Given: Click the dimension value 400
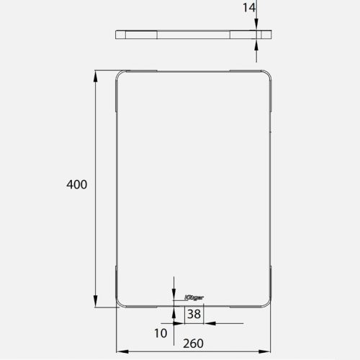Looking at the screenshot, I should [76, 184].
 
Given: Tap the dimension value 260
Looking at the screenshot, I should [192, 343].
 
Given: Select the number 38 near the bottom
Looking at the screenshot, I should [194, 314].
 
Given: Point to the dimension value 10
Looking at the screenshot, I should [160, 333].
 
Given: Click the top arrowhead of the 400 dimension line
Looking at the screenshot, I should [96, 74].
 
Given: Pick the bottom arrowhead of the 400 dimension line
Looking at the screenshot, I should [96, 302].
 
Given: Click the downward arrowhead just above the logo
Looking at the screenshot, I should [174, 290].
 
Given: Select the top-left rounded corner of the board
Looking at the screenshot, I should [120, 74].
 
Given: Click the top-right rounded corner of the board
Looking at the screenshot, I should [269, 74].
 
